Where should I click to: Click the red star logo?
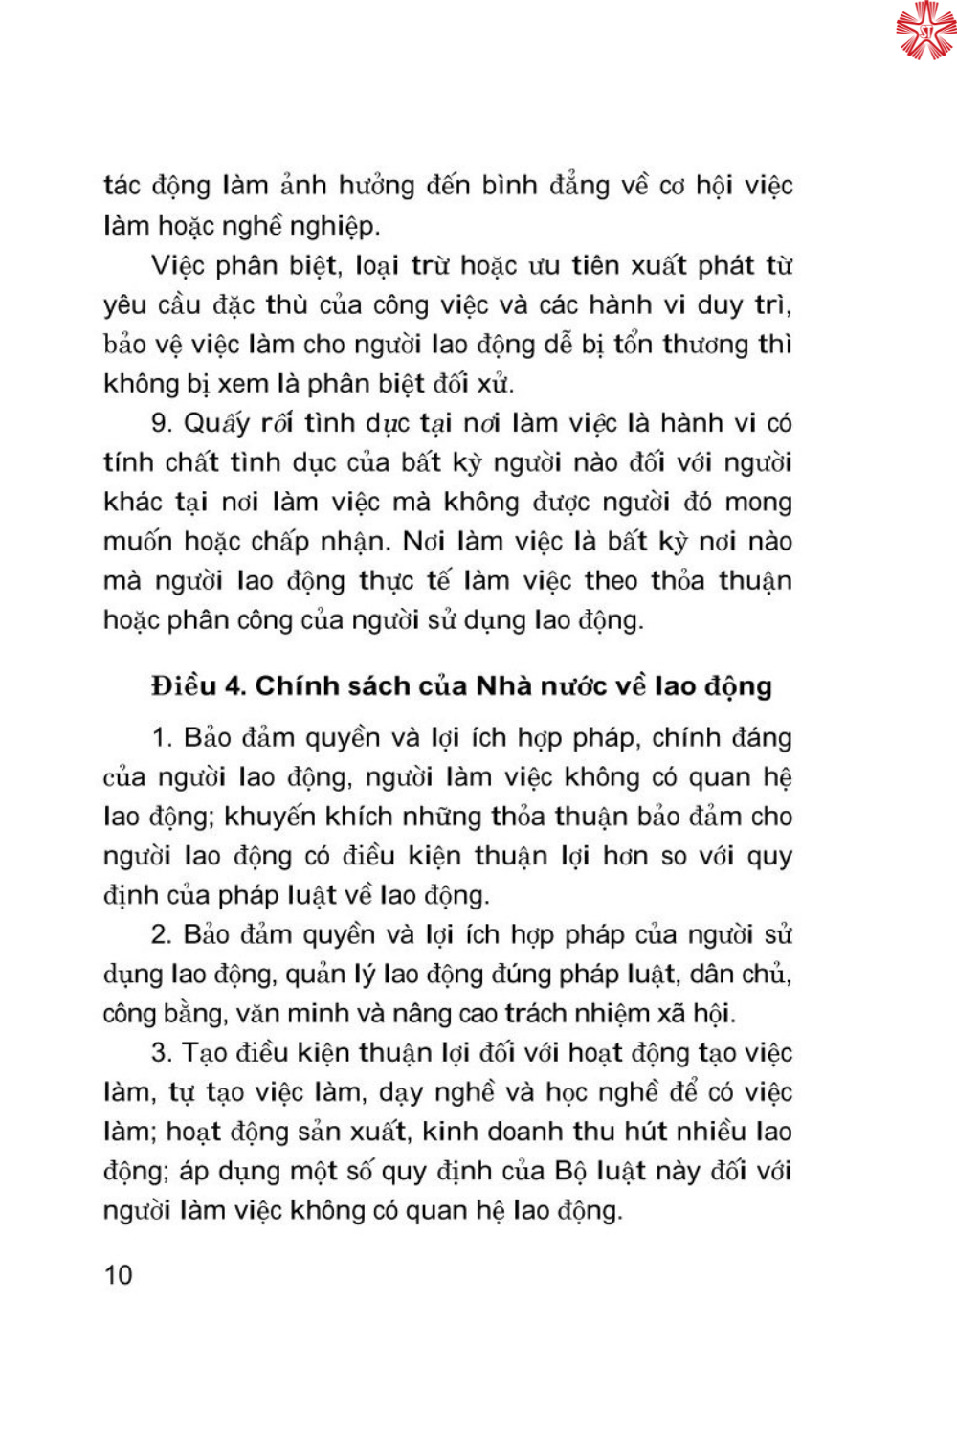click(924, 30)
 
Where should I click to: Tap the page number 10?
click(118, 1275)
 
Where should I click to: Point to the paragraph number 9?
click(161, 423)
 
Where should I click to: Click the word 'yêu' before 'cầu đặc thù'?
click(124, 305)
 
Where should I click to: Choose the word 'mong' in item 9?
click(758, 502)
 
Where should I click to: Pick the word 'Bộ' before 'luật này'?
click(572, 1171)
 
